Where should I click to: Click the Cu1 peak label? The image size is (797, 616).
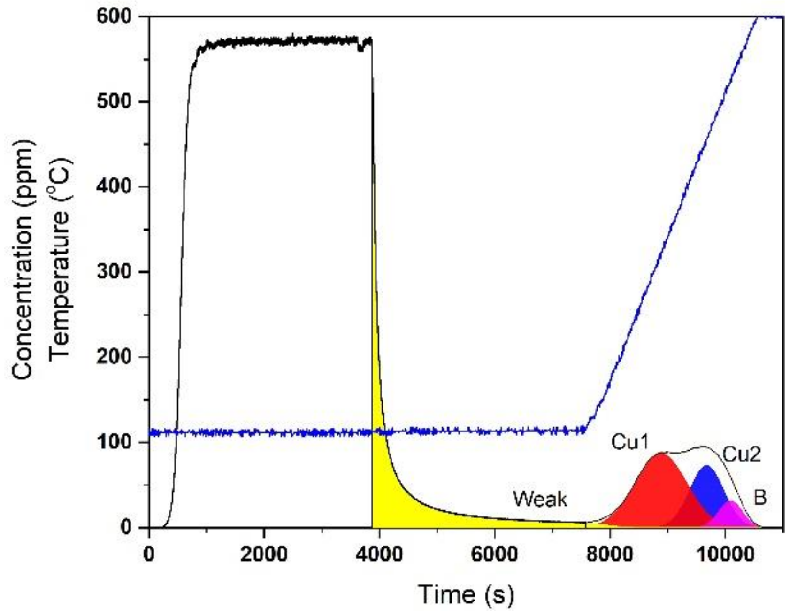pyautogui.click(x=629, y=442)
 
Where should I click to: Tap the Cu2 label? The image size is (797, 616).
pyautogui.click(x=741, y=454)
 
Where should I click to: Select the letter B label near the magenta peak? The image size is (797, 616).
pyautogui.click(x=760, y=497)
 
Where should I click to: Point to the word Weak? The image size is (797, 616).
pyautogui.click(x=540, y=499)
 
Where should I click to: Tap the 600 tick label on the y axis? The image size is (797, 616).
pyautogui.click(x=114, y=17)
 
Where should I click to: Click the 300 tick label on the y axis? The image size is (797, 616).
pyautogui.click(x=114, y=272)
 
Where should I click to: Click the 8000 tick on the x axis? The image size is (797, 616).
pyautogui.click(x=609, y=554)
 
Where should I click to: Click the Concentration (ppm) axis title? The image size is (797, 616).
pyautogui.click(x=23, y=259)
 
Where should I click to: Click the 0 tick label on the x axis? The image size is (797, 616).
pyautogui.click(x=149, y=554)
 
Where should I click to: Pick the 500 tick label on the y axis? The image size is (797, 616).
pyautogui.click(x=114, y=102)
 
